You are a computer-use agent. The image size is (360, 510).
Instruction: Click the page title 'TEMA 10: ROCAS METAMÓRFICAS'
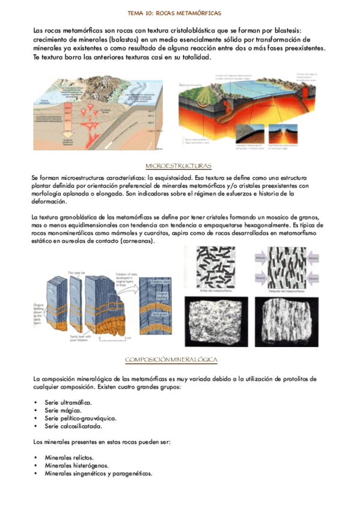pyautogui.click(x=179, y=12)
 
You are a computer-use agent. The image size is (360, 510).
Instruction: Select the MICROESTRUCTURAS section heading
pyautogui.click(x=179, y=165)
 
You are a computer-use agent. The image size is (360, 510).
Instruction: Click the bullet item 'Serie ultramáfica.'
pyautogui.click(x=68, y=402)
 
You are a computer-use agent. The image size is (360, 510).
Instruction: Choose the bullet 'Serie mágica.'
pyautogui.click(x=62, y=410)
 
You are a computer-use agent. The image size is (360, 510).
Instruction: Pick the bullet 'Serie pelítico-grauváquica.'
pyautogui.click(x=80, y=418)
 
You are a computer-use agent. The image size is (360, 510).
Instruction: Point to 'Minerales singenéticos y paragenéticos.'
pyautogui.click(x=98, y=473)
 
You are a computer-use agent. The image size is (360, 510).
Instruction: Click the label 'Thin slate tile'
pyautogui.click(x=77, y=272)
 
